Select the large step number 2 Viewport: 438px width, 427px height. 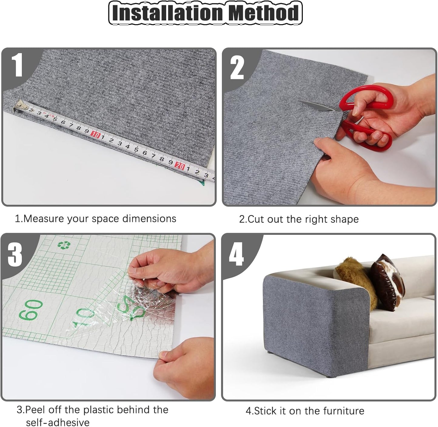(x=237, y=68)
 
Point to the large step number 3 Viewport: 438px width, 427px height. (x=15, y=254)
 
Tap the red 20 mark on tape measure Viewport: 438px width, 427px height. (x=180, y=166)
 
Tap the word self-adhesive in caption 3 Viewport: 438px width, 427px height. (x=58, y=422)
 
